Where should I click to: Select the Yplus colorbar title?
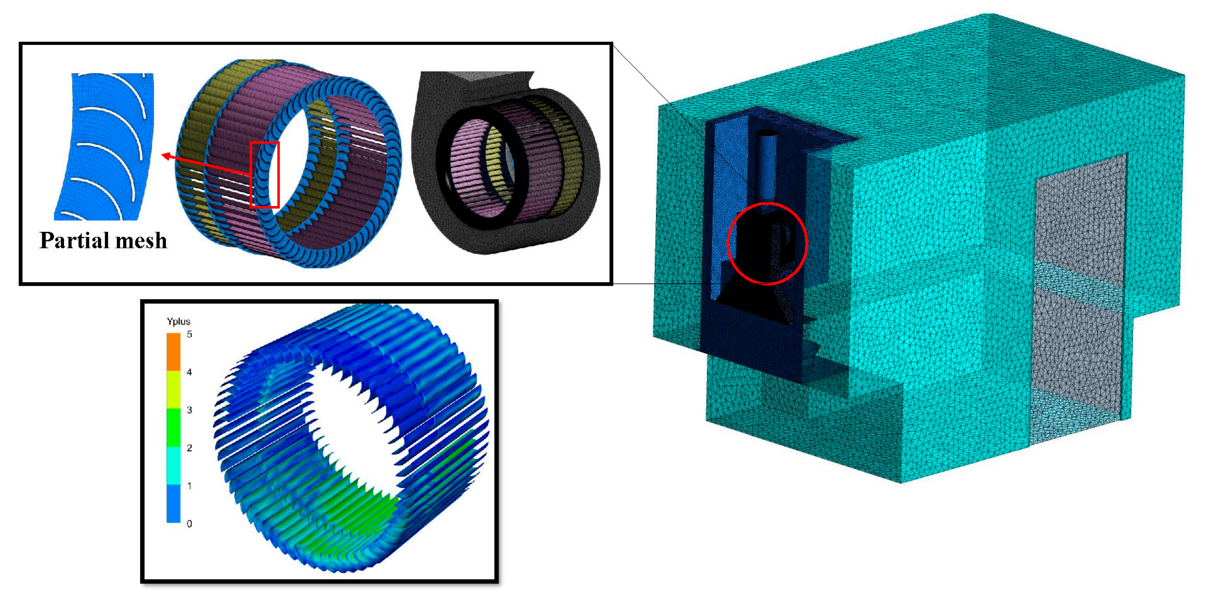point(179,322)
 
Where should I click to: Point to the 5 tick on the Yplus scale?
point(189,334)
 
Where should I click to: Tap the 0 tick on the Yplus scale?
point(189,524)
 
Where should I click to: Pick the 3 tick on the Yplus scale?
point(189,410)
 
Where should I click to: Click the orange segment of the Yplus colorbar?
point(173,352)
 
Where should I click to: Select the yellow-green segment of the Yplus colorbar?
point(173,389)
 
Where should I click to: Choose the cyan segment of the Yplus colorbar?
point(173,465)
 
